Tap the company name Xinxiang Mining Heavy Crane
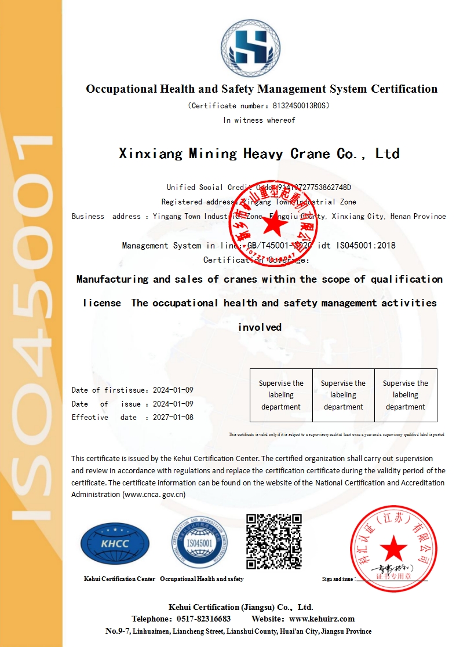pyautogui.click(x=259, y=153)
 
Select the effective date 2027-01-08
pyautogui.click(x=173, y=417)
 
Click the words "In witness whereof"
pyautogui.click(x=259, y=120)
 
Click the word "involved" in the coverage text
pyautogui.click(x=260, y=327)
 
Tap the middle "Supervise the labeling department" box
pyautogui.click(x=344, y=395)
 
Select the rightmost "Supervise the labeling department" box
pyautogui.click(x=406, y=395)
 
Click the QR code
pyautogui.click(x=274, y=541)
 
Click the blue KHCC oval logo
pyautogui.click(x=115, y=544)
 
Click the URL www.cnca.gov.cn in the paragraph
pyautogui.click(x=154, y=495)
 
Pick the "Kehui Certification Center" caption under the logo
pyautogui.click(x=119, y=579)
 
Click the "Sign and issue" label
pyautogui.click(x=338, y=579)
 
